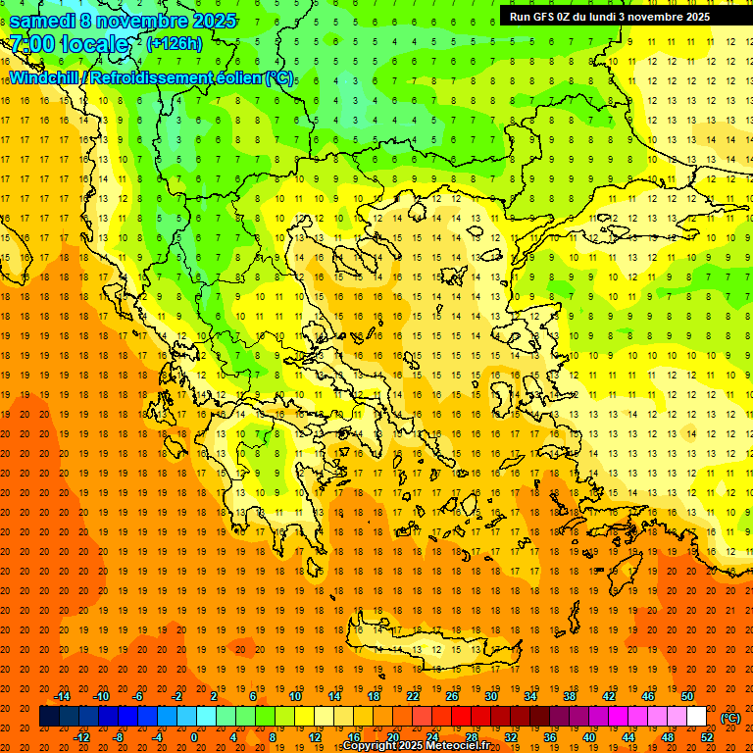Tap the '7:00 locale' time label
(x=69, y=44)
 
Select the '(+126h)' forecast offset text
(x=175, y=43)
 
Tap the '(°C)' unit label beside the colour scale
(x=729, y=718)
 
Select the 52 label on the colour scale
(x=707, y=737)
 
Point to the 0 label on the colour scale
(x=193, y=737)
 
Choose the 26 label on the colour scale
(x=452, y=696)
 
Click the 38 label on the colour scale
(x=570, y=696)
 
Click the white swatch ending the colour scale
(x=697, y=717)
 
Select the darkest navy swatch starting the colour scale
(x=49, y=717)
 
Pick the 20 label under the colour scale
(x=392, y=737)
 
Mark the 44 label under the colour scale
(x=628, y=737)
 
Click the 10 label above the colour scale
(x=295, y=696)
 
